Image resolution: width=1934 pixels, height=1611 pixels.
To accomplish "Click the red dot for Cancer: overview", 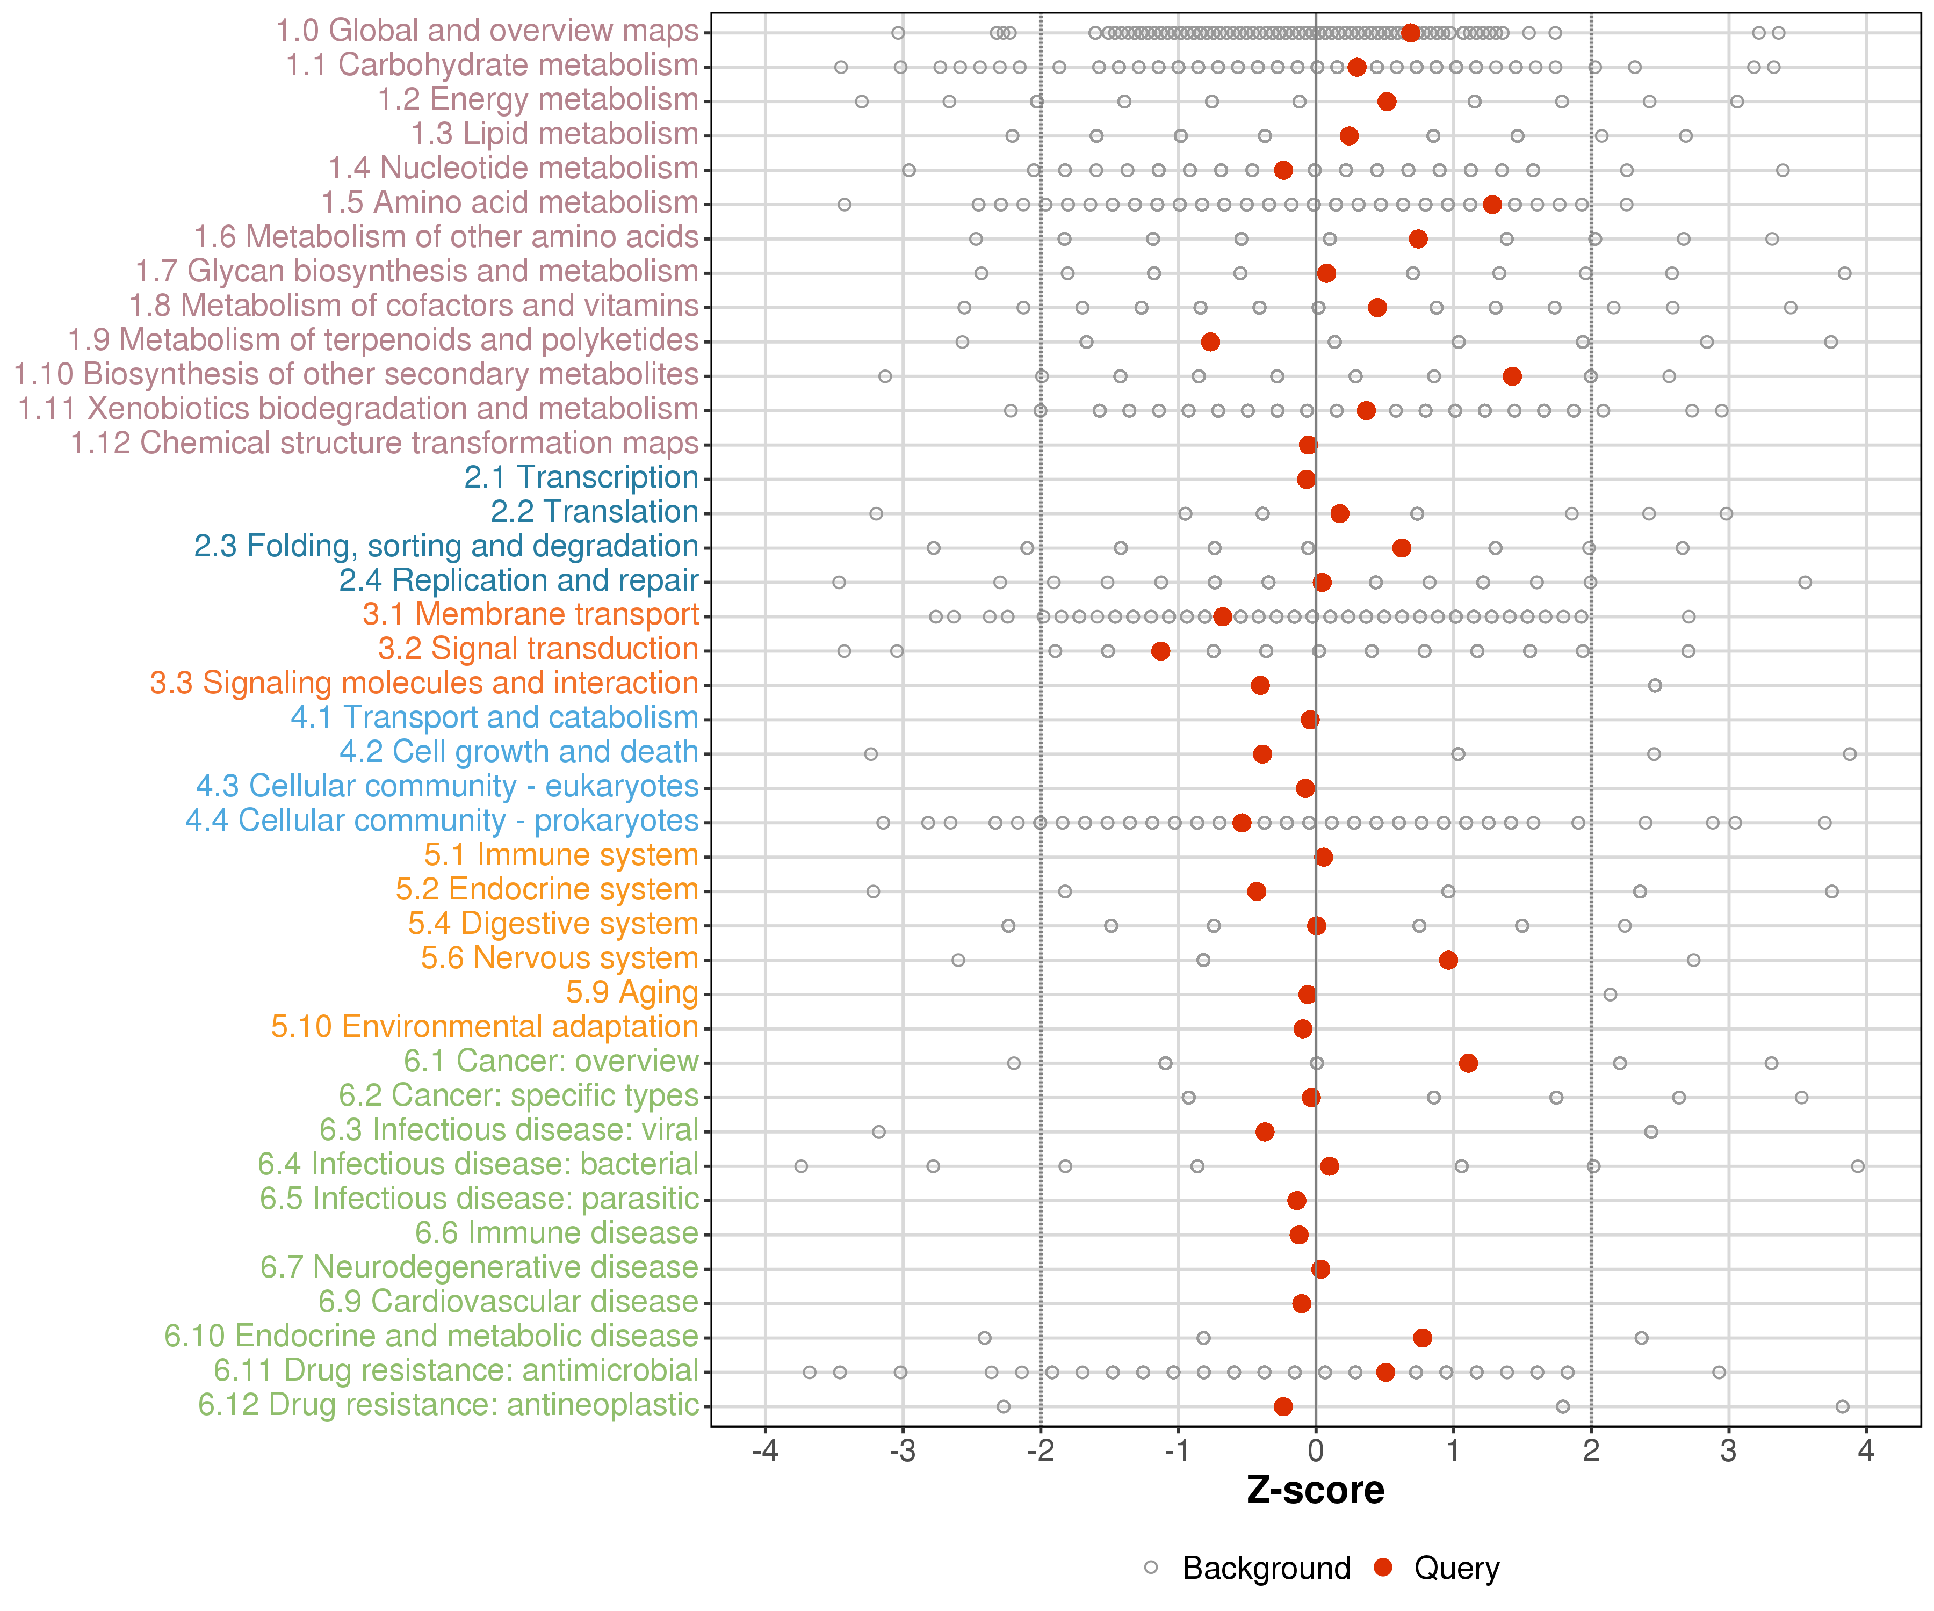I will (1468, 1063).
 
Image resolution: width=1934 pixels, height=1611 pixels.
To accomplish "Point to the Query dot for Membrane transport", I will (1222, 617).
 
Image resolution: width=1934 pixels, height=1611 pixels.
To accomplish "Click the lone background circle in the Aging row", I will (1610, 994).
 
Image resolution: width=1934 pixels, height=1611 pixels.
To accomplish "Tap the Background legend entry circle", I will (1151, 1568).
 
